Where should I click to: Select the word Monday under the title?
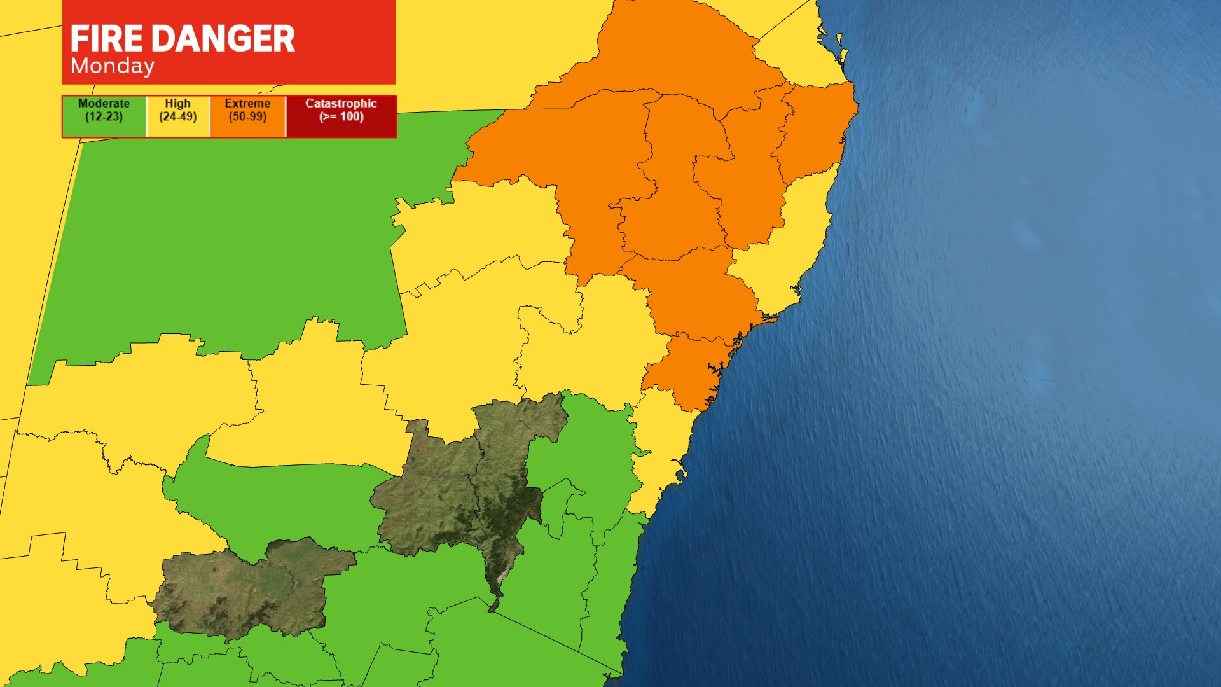coord(113,66)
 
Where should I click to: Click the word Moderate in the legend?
coord(104,103)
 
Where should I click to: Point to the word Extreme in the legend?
coord(247,103)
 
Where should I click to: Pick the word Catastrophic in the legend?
coord(341,103)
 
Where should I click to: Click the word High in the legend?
coord(177,103)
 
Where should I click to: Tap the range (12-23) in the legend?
coord(104,117)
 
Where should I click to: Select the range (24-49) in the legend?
coord(177,117)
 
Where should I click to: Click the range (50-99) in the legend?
coord(247,117)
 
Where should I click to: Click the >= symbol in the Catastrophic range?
coord(329,117)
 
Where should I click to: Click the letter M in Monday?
coord(78,66)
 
